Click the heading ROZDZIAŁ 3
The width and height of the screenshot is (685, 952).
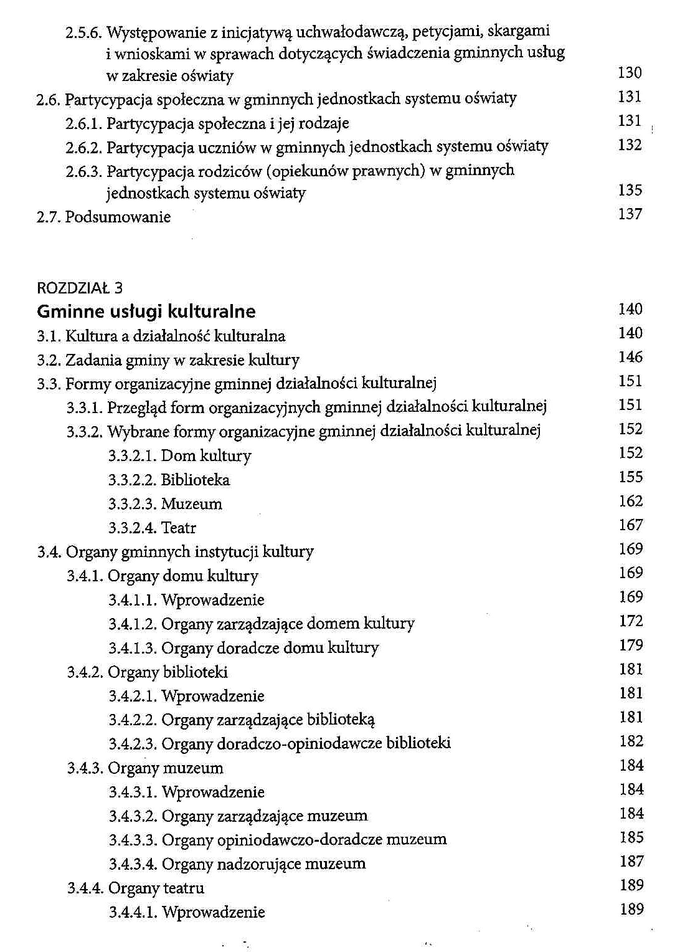tap(80, 287)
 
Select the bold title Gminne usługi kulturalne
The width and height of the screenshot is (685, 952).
tap(146, 311)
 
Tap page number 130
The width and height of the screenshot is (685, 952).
tap(630, 73)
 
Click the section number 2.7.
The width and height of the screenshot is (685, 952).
tap(49, 217)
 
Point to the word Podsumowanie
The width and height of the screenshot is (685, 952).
tap(118, 217)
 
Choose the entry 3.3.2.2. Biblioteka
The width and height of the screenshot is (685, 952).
tap(169, 480)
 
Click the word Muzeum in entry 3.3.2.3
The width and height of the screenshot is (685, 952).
tap(191, 503)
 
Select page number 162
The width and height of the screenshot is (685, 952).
tap(630, 501)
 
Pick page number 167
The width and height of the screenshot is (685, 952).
tap(630, 525)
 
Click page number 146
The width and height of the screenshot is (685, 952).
tap(630, 357)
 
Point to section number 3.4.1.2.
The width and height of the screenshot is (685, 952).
tap(132, 624)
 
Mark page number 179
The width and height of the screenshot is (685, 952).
tap(631, 645)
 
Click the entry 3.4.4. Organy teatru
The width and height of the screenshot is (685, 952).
tap(136, 888)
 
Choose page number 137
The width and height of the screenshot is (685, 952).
tap(630, 214)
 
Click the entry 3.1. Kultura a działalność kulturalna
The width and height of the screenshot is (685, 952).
tap(161, 336)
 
